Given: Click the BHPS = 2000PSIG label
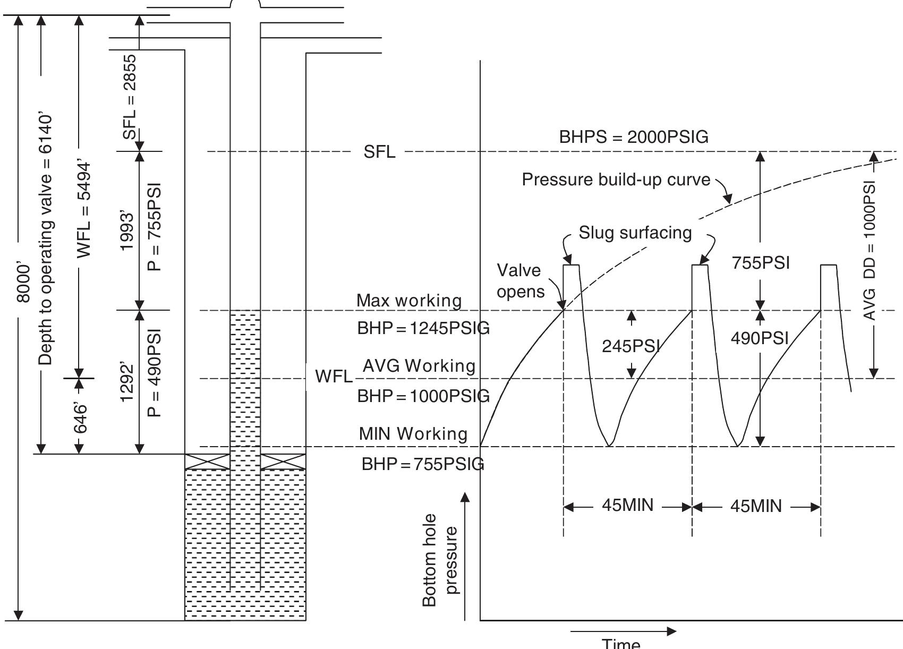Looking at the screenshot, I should (x=633, y=137).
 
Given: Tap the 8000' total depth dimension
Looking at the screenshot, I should (x=23, y=282).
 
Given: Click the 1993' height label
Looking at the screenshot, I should (x=127, y=229).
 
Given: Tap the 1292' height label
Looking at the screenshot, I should (x=127, y=382).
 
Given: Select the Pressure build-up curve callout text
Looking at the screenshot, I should (x=616, y=180).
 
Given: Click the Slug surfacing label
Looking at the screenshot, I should (x=635, y=233).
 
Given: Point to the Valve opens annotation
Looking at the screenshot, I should (x=520, y=281).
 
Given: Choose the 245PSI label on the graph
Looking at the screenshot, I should (x=631, y=346).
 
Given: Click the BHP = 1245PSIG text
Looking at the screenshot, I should (x=423, y=328).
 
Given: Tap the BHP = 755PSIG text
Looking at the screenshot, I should (x=423, y=464).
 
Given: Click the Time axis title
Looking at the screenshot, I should (x=621, y=644).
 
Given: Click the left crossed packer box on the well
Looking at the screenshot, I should (x=207, y=462).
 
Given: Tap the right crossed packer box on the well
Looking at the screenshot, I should (x=283, y=462).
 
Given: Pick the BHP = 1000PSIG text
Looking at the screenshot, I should (x=423, y=396).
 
